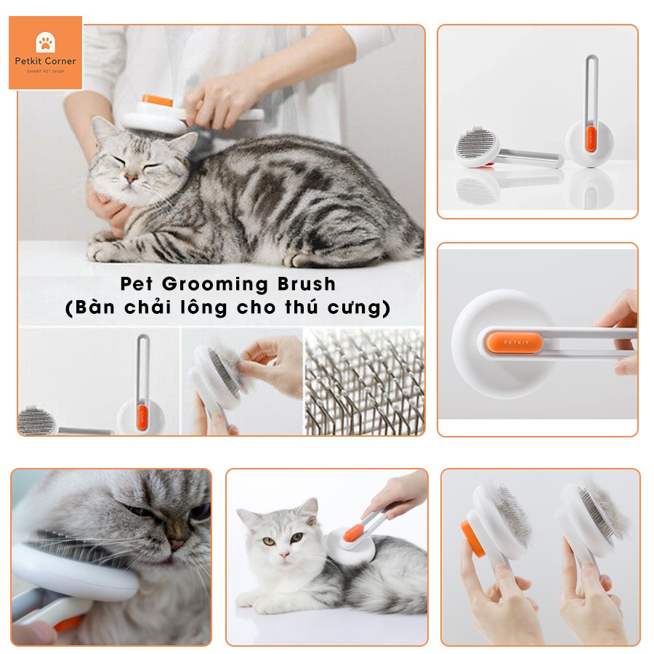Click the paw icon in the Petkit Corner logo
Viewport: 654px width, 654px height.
pos(46,41)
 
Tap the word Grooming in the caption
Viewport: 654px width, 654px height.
pos(215,284)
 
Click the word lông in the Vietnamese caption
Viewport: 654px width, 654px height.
pos(203,307)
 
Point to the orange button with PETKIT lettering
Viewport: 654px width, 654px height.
pos(514,342)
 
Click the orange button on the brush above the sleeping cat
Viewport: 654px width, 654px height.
pos(157,100)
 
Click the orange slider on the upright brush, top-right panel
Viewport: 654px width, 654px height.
pos(590,139)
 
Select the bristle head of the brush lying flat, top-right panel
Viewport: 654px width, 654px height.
pos(475,143)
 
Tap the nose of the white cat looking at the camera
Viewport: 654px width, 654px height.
pos(283,554)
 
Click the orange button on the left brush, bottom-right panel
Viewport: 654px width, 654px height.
pos(473,538)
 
